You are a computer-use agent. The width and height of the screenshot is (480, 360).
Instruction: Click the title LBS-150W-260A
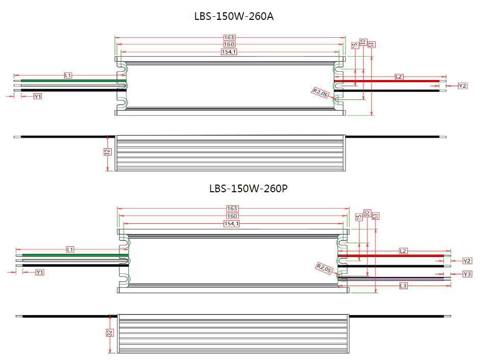[x=234, y=16]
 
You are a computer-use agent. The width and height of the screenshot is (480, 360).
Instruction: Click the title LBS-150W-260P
[x=249, y=188]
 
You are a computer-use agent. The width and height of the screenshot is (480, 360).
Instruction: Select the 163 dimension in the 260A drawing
[x=229, y=38]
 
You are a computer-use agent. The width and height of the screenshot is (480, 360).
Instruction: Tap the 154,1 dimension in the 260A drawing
[x=229, y=52]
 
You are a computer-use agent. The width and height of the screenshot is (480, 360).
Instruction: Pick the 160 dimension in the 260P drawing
[x=232, y=216]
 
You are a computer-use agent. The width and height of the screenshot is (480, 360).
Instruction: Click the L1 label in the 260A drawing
[x=68, y=75]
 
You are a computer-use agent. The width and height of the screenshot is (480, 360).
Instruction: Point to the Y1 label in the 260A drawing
[x=38, y=96]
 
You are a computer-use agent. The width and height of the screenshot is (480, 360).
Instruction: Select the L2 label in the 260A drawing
[x=399, y=76]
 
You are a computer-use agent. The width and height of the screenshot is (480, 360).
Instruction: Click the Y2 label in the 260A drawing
[x=463, y=86]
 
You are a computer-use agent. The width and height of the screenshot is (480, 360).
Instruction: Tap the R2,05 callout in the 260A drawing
[x=321, y=93]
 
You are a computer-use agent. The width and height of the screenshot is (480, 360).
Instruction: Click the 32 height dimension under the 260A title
[x=108, y=152]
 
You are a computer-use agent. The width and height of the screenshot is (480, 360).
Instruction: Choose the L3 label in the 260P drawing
[x=403, y=286]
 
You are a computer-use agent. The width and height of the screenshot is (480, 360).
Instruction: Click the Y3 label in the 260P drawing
[x=467, y=274]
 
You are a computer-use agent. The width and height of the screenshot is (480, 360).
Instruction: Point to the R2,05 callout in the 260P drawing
[x=324, y=268]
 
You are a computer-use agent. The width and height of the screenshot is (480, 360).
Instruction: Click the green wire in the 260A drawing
[x=71, y=81]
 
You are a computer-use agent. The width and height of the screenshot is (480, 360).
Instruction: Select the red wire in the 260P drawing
[x=397, y=255]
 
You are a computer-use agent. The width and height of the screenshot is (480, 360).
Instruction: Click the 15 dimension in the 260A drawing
[x=355, y=45]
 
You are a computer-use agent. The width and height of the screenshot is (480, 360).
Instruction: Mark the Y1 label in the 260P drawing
[x=40, y=272]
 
